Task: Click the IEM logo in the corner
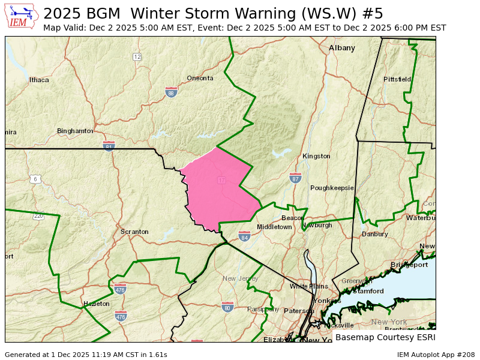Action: coord(22,16)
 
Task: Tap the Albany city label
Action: coord(342,48)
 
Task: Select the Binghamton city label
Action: coord(75,131)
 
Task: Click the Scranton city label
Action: coord(134,232)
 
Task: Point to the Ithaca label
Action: coord(39,79)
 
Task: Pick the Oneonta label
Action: coord(200,78)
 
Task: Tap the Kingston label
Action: coord(316,156)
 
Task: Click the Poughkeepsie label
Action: coord(332,188)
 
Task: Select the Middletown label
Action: coord(274,227)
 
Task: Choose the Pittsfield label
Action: coord(397,79)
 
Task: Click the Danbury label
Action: coord(375,234)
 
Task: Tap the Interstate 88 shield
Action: coord(171,92)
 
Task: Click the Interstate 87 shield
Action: coord(295,178)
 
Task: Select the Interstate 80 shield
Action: coord(227,307)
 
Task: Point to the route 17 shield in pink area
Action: coord(221,181)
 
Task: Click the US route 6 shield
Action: coord(35,179)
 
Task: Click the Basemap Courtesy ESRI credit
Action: coord(384,337)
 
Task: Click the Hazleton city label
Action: coord(97,304)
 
